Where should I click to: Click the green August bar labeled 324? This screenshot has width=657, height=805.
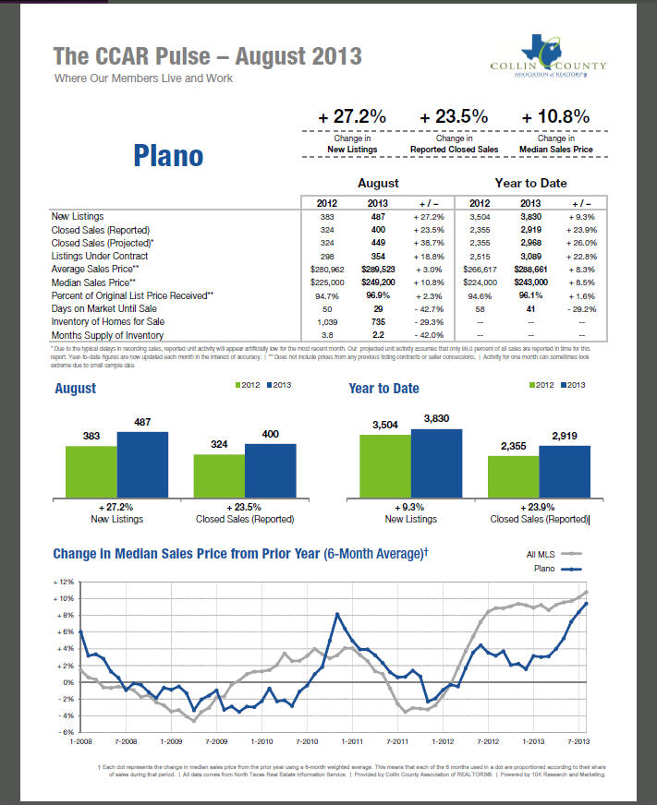218,475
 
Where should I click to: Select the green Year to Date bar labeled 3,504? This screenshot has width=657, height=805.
384,466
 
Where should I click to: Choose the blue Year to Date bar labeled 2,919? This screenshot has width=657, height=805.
564,472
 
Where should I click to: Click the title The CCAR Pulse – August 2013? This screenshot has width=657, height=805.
207,57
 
